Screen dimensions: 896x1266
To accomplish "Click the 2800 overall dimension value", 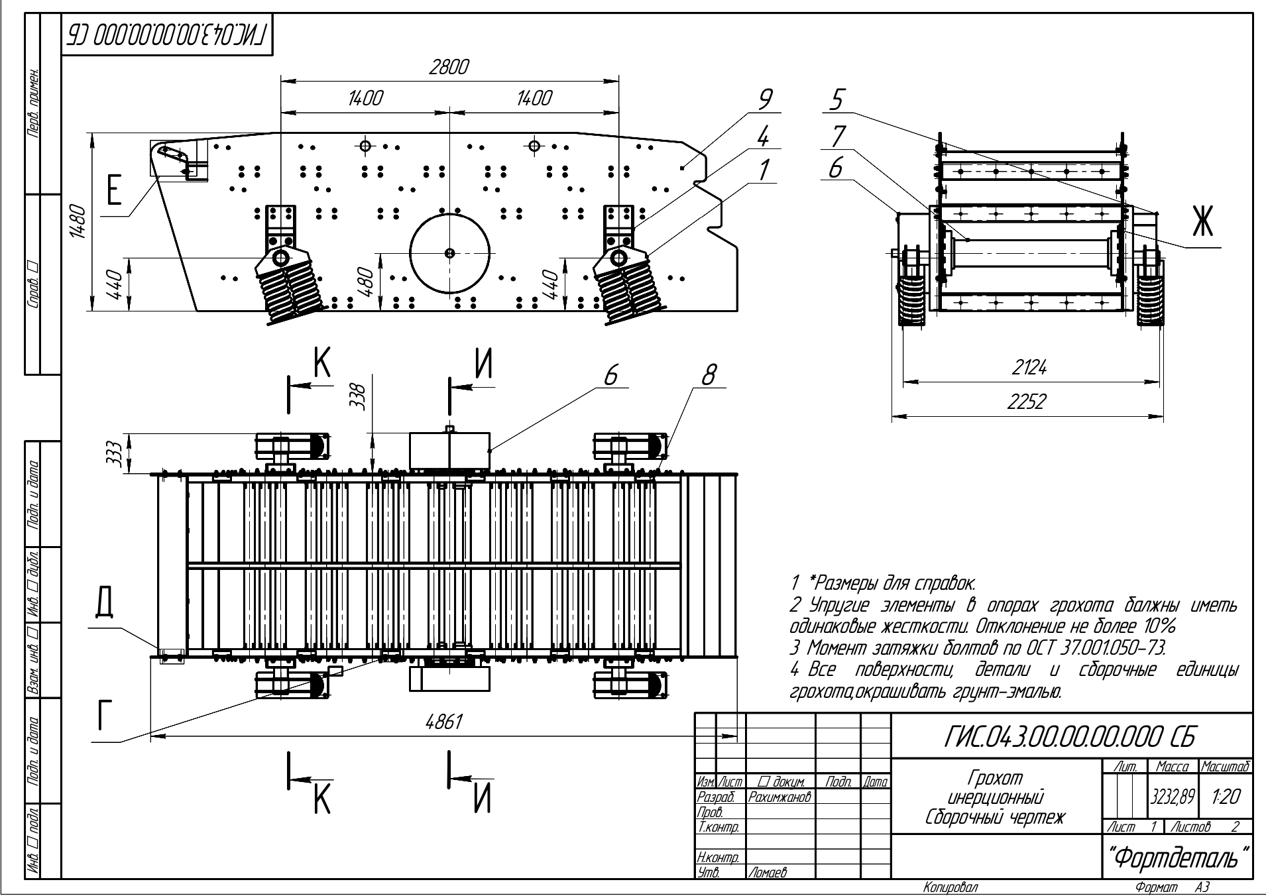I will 449,68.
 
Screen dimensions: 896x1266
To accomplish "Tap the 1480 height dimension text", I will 78,221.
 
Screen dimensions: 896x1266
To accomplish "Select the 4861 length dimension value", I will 443,722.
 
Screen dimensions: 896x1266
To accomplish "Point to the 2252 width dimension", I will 1026,403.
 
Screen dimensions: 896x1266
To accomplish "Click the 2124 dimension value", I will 1029,368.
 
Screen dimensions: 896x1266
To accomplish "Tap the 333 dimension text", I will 114,453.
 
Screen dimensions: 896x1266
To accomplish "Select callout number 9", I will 765,100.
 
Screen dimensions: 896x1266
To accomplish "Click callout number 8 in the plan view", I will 709,376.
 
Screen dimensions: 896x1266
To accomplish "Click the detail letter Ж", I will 1201,223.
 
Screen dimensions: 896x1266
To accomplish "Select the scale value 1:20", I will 1225,797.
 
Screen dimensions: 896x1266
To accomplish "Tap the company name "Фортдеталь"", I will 1177,859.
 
